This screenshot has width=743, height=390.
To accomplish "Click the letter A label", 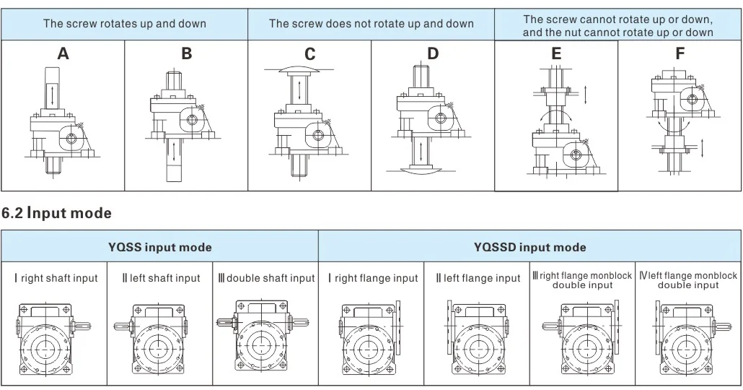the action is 63,53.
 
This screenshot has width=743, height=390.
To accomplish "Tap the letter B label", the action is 187,53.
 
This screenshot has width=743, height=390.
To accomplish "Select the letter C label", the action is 309,54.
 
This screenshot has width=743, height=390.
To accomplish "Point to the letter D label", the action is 433,53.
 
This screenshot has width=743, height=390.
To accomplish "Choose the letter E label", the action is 556,53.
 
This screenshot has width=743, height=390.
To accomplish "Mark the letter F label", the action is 680,53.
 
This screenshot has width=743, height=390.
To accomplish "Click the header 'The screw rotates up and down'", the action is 125,24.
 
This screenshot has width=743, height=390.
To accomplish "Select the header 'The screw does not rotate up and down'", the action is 371,24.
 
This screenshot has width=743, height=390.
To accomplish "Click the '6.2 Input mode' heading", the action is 56,213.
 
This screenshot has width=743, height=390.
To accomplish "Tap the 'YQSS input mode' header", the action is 159,247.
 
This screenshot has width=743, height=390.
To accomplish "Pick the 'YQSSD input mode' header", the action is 529,247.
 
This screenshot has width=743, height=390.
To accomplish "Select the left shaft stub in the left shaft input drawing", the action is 122,326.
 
